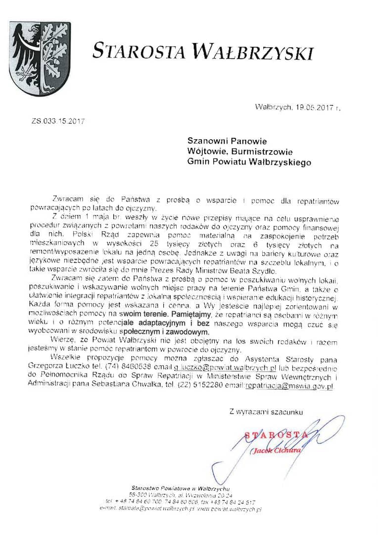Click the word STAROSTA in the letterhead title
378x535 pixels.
(139, 51)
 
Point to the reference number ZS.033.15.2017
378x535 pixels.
(57, 120)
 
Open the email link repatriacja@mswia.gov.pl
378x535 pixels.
(289, 386)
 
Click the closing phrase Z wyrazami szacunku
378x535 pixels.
(266, 411)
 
